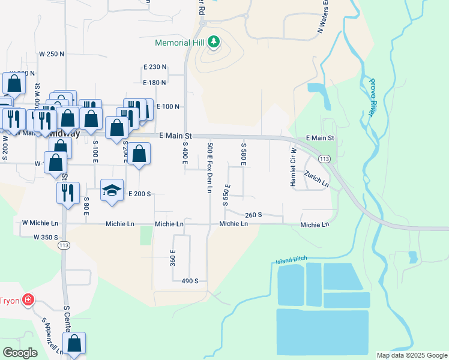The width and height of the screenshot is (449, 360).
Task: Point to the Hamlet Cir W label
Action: coord(294,167)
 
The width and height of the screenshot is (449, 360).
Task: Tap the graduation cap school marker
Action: coord(112,190)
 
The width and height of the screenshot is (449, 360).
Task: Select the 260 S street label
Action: coord(254,215)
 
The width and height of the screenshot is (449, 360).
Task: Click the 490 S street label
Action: coord(190,280)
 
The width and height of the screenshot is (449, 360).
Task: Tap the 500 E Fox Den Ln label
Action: coord(209,167)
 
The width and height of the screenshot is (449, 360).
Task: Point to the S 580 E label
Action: coord(244,155)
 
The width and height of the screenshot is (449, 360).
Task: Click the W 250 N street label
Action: coord(52,54)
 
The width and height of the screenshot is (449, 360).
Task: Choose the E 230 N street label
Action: coord(155,67)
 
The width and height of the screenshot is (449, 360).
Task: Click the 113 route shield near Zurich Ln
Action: coord(324,158)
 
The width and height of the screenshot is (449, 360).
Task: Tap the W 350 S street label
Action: coord(46,237)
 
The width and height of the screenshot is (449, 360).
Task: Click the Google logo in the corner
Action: coord(20,353)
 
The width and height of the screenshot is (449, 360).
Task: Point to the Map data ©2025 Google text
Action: coord(412,356)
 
